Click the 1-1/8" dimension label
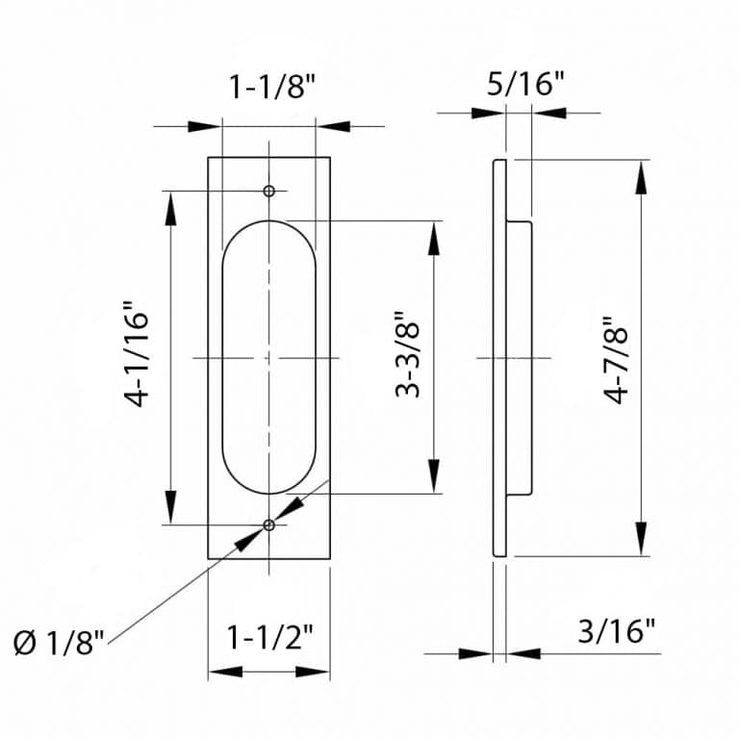(272, 89)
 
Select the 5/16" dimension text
(524, 84)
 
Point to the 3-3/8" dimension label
(408, 353)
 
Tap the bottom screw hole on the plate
(269, 524)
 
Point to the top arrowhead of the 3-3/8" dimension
(436, 236)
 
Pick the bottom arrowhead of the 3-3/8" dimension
(436, 478)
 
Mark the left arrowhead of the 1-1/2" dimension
(223, 672)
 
